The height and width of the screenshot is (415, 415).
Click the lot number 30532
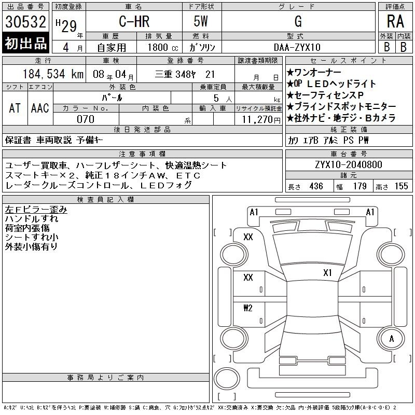[x=25, y=22]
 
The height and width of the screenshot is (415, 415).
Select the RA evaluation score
[x=395, y=21]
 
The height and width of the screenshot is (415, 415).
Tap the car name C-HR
[x=134, y=21]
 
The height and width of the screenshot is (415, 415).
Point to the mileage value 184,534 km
[x=53, y=74]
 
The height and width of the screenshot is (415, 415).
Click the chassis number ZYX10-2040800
[x=349, y=164]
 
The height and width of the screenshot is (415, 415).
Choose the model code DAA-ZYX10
[x=297, y=47]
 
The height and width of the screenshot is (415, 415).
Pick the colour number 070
[x=86, y=119]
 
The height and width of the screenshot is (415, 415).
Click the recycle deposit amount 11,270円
[x=261, y=120]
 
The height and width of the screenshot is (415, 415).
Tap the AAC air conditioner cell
[x=40, y=108]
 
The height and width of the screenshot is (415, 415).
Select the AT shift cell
[x=15, y=108]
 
